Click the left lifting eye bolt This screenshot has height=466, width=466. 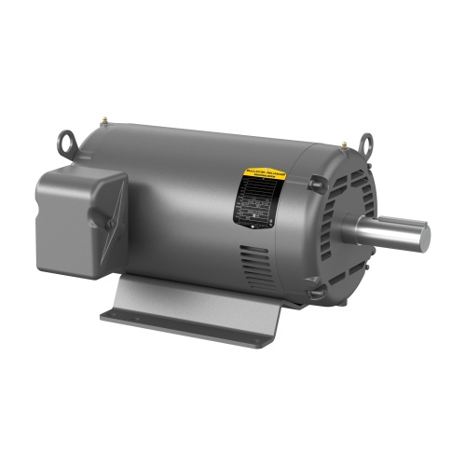coord(66,143)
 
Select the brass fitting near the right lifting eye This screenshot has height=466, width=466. coord(343,144)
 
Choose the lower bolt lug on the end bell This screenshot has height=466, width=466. coord(318,292)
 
